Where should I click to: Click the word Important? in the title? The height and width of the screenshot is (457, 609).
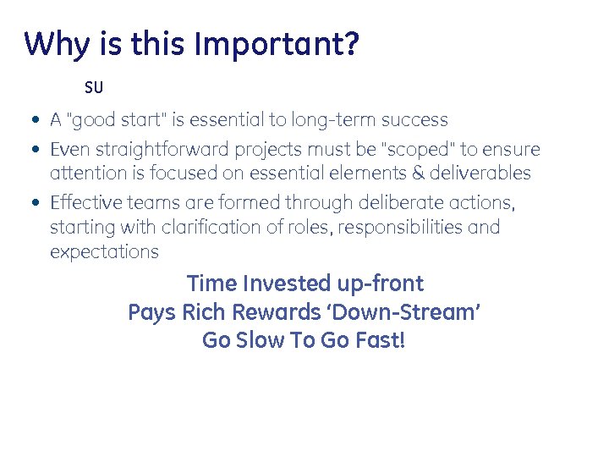click(277, 44)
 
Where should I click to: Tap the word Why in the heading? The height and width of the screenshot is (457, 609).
click(57, 44)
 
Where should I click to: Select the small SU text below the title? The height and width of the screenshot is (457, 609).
click(93, 88)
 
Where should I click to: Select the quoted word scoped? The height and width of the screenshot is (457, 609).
click(420, 150)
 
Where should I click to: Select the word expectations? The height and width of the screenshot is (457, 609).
click(104, 251)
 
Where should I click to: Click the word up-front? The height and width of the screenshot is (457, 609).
click(383, 284)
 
